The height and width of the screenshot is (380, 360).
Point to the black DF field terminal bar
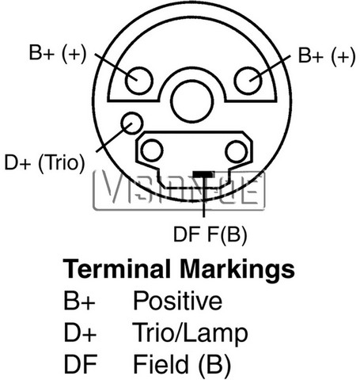pos(203,174)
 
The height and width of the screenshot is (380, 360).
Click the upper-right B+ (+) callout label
pos(327,56)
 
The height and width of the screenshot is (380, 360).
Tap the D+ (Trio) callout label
pos(45,162)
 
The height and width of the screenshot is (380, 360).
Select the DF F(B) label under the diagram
pos(210,234)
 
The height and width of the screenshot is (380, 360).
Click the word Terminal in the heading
pos(116,269)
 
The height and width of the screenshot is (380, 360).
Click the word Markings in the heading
pos(237,270)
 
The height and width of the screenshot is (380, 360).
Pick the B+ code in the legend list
pos(79,300)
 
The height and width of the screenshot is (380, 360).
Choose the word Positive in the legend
pos(177,300)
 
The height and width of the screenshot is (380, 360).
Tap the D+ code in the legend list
pos(80,332)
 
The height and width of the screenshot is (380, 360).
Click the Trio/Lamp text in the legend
pos(190,333)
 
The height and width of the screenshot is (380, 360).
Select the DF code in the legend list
pos(81,364)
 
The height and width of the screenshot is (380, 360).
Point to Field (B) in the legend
pos(182,365)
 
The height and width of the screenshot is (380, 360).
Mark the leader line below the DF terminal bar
pos(203,197)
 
